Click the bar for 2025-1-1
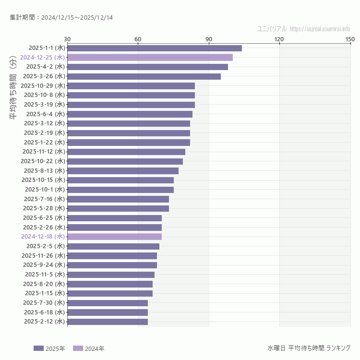[155, 48]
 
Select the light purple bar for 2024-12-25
[150, 58]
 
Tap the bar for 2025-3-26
[144, 76]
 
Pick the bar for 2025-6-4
[130, 114]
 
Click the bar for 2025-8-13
[123, 171]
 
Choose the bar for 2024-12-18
[114, 237]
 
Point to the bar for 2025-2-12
[108, 322]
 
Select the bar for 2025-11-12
[126, 152]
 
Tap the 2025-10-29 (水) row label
[43, 85]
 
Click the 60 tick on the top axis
[138, 39]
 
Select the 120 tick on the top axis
[279, 39]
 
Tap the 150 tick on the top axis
[350, 39]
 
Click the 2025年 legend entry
[49, 348]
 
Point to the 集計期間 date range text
[61, 17]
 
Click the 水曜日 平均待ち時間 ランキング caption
[309, 348]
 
